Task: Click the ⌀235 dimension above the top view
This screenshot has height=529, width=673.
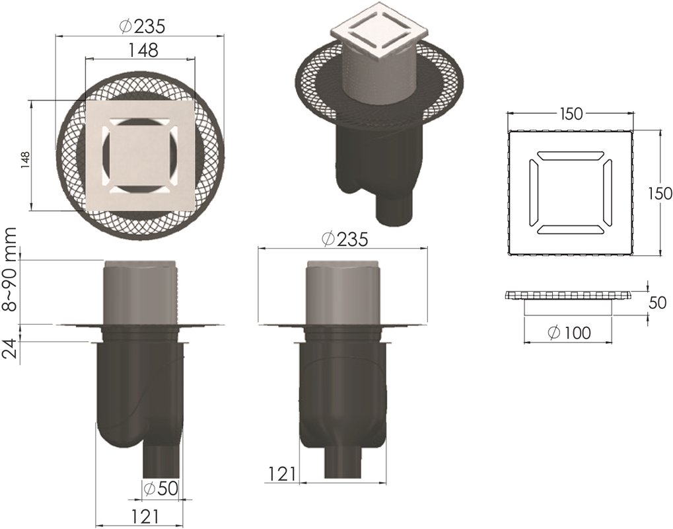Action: click(x=141, y=26)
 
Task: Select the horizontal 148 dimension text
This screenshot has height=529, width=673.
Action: click(x=143, y=50)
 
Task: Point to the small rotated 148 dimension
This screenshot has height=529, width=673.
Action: click(x=26, y=159)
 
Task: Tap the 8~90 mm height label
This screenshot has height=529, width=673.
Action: click(x=9, y=269)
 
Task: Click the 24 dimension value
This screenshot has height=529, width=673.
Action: click(x=10, y=348)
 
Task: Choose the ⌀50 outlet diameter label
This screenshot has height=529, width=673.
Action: click(x=161, y=489)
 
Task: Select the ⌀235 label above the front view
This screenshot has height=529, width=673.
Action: click(x=345, y=239)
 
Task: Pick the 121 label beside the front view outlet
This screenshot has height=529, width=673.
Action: click(x=282, y=474)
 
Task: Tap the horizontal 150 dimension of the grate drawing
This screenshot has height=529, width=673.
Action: click(x=571, y=114)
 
